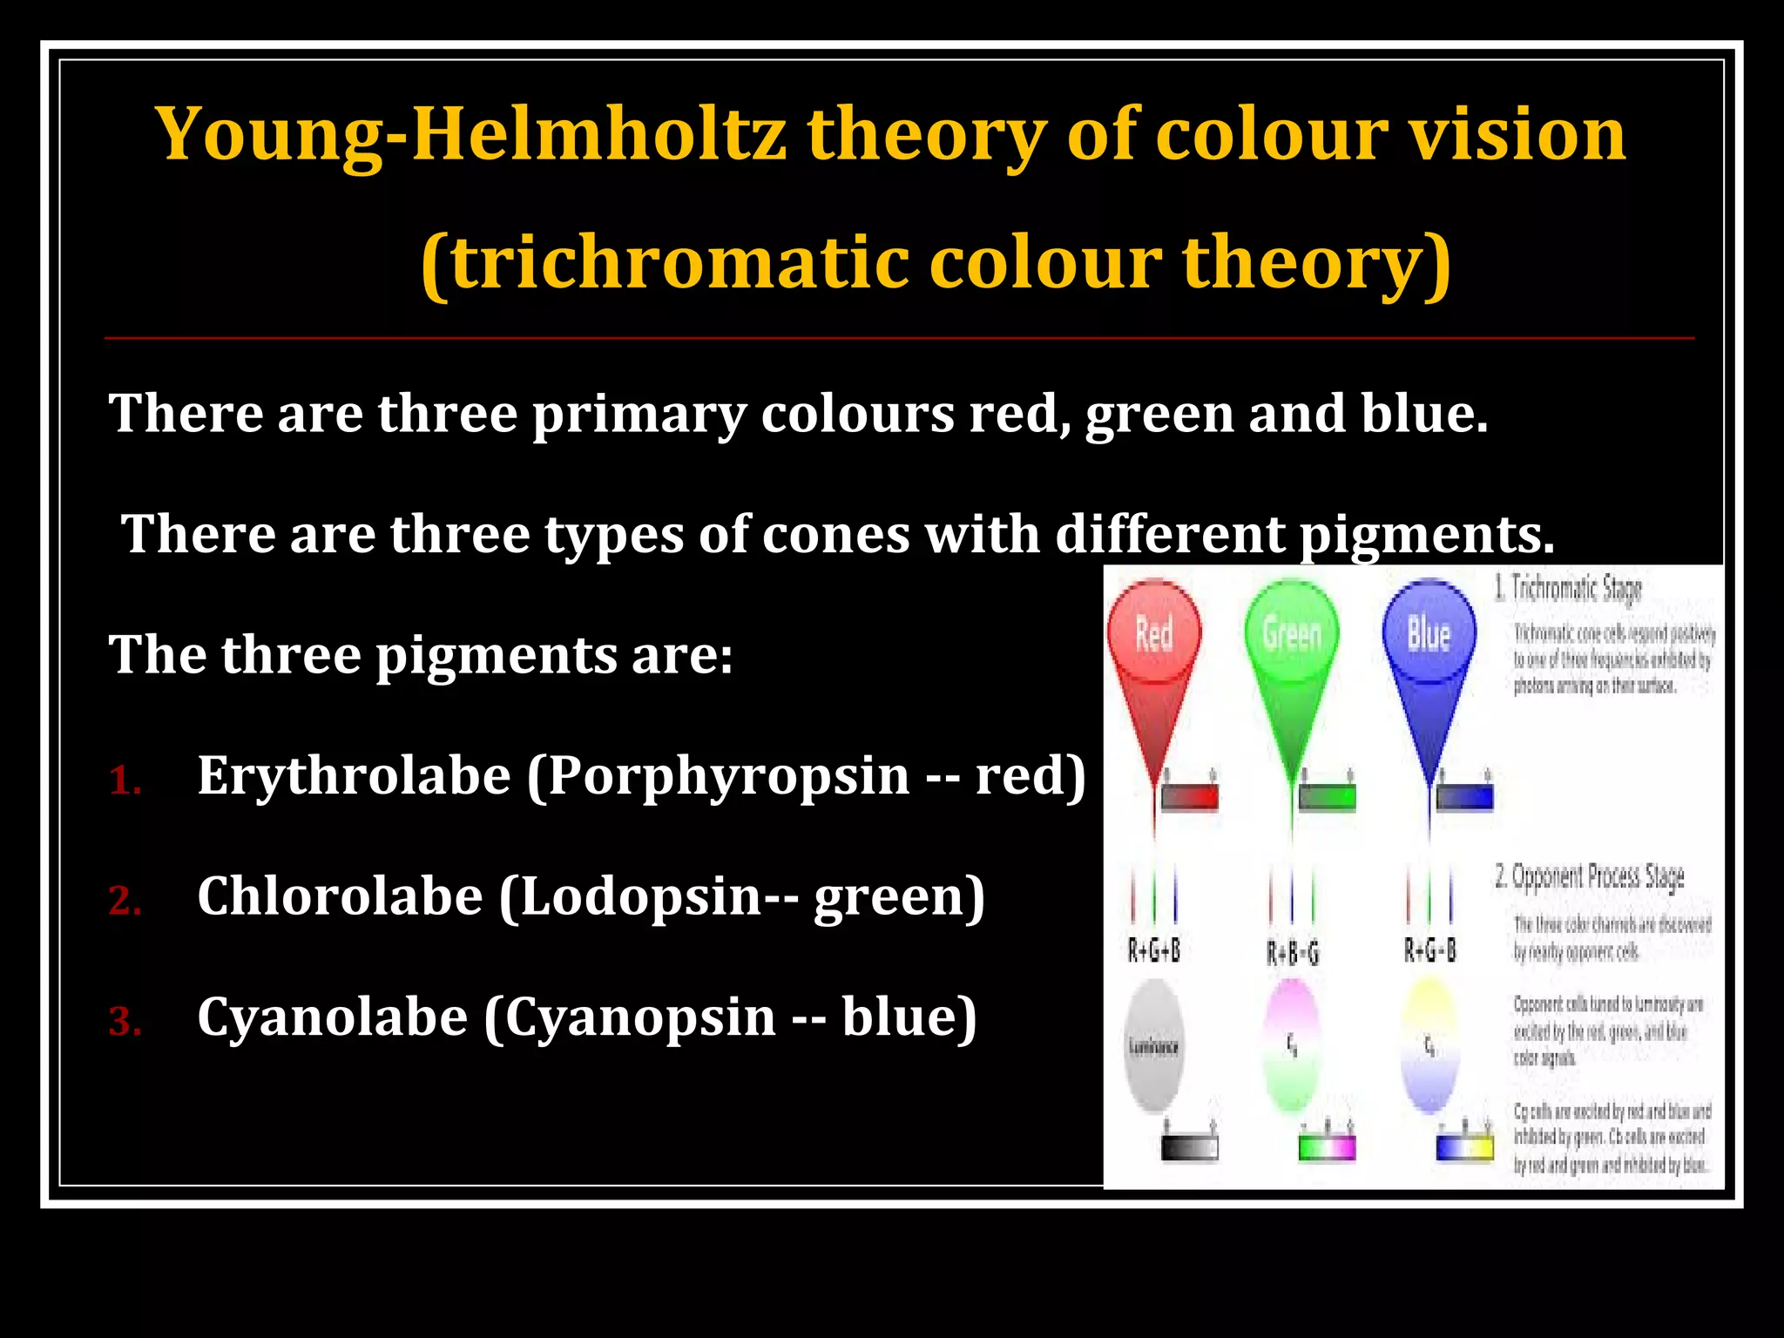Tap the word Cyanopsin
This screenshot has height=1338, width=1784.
[640, 1017]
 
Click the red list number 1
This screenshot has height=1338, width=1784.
[125, 780]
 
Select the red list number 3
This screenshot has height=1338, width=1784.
[125, 1021]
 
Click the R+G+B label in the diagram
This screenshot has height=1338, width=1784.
[1154, 949]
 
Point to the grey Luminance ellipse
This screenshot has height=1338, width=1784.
[1154, 1045]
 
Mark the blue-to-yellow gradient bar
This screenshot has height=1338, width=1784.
[1464, 1147]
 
